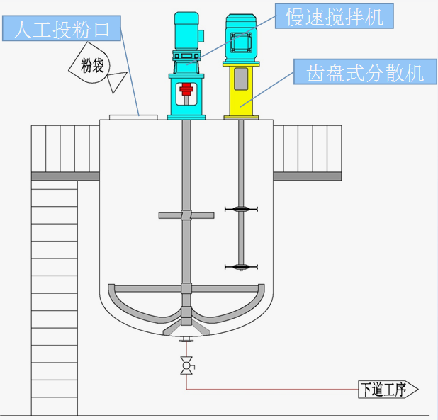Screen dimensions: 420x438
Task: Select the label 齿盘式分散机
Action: click(x=366, y=72)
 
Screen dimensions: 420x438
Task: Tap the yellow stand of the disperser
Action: click(x=241, y=89)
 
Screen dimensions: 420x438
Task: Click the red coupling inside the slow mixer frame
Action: click(x=186, y=90)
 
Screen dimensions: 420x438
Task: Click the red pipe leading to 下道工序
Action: click(x=283, y=389)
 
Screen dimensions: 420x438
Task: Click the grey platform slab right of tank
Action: click(x=307, y=176)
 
